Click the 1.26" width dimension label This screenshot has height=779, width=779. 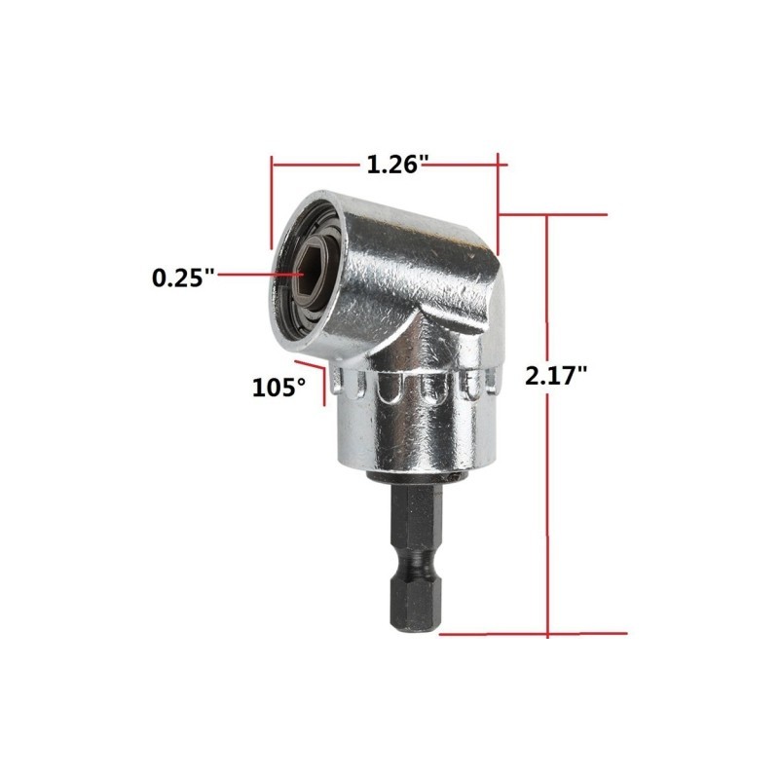pyautogui.click(x=397, y=165)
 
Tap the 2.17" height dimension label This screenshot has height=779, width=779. pyautogui.click(x=556, y=376)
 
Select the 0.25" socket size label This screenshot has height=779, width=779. pyautogui.click(x=183, y=278)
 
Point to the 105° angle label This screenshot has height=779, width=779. pyautogui.click(x=278, y=388)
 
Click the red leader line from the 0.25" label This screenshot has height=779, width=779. pyautogui.click(x=260, y=274)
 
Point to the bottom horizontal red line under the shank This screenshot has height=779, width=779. pyautogui.click(x=533, y=634)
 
